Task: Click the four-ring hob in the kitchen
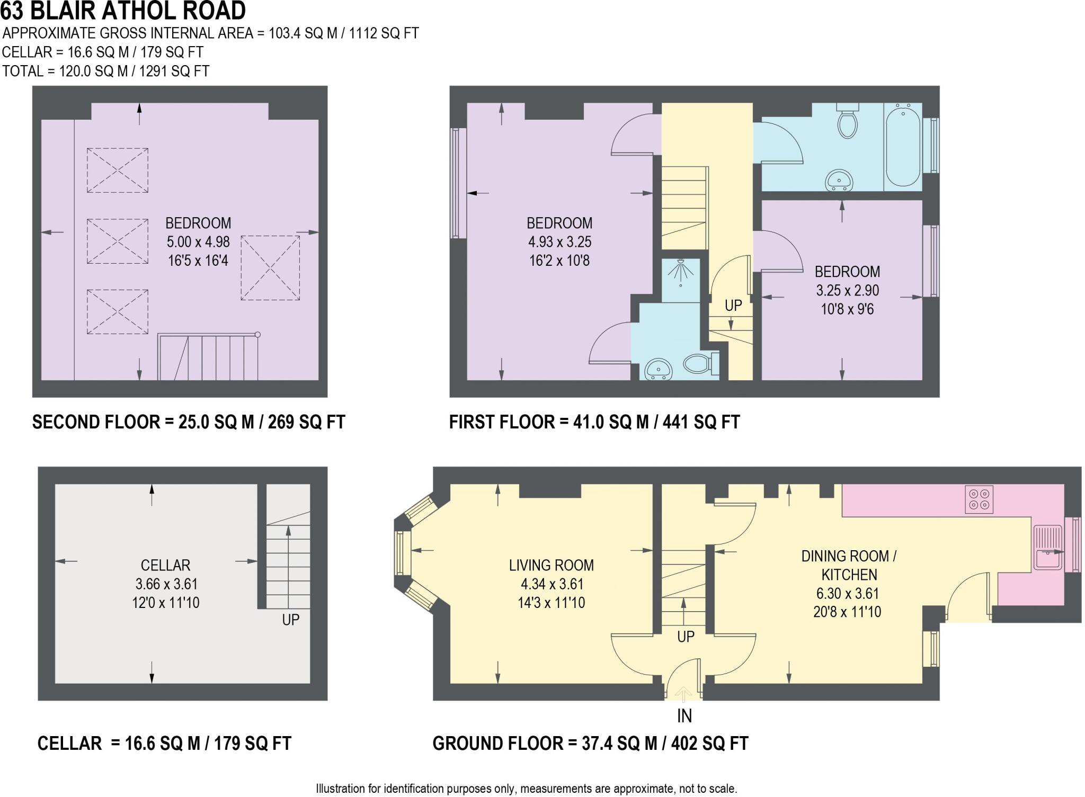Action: coord(979,499)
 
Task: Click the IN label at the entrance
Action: coord(684,716)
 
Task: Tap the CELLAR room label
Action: coord(165,565)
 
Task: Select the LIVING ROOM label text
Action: coord(551,565)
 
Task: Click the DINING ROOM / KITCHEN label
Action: coord(849,565)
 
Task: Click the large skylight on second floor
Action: coord(270,268)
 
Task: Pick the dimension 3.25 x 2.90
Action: coord(848,290)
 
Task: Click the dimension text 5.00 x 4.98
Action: coord(198,242)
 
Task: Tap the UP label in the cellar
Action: coord(291,620)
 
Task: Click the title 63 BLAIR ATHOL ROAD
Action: coord(123,11)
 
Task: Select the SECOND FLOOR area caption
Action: coord(189,422)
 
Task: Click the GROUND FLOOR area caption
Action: coord(590,743)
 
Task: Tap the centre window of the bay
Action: coord(403,553)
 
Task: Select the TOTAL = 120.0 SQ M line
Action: coord(106,71)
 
